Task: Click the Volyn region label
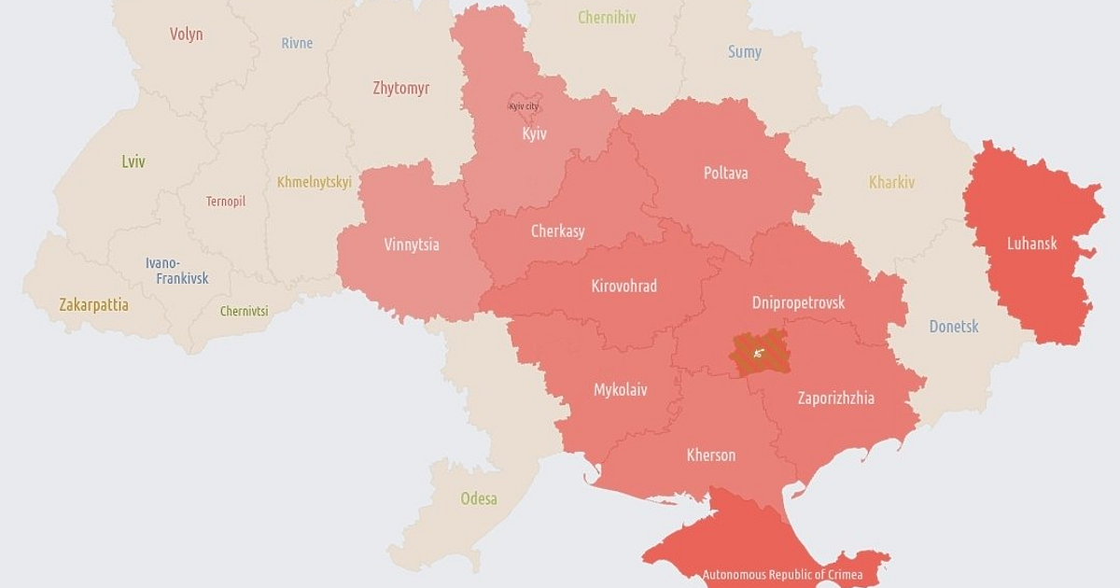tap(186, 35)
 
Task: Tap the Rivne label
tap(297, 43)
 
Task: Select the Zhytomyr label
tap(400, 89)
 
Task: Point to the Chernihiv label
tap(607, 18)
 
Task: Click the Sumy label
tap(744, 52)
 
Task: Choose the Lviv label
tap(133, 161)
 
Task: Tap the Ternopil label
tap(226, 201)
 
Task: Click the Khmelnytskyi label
tap(314, 182)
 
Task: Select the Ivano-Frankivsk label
tap(176, 271)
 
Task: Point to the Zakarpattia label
tap(93, 305)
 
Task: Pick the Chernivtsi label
tap(244, 312)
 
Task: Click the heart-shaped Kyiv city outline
tap(524, 105)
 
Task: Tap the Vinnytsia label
tap(411, 245)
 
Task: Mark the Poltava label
tap(725, 173)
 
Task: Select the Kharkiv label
tap(891, 183)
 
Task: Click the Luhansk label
tap(1031, 244)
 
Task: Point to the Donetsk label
tap(953, 327)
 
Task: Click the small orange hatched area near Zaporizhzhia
tap(760, 353)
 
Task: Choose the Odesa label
tap(478, 498)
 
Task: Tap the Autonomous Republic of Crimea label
tap(782, 575)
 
